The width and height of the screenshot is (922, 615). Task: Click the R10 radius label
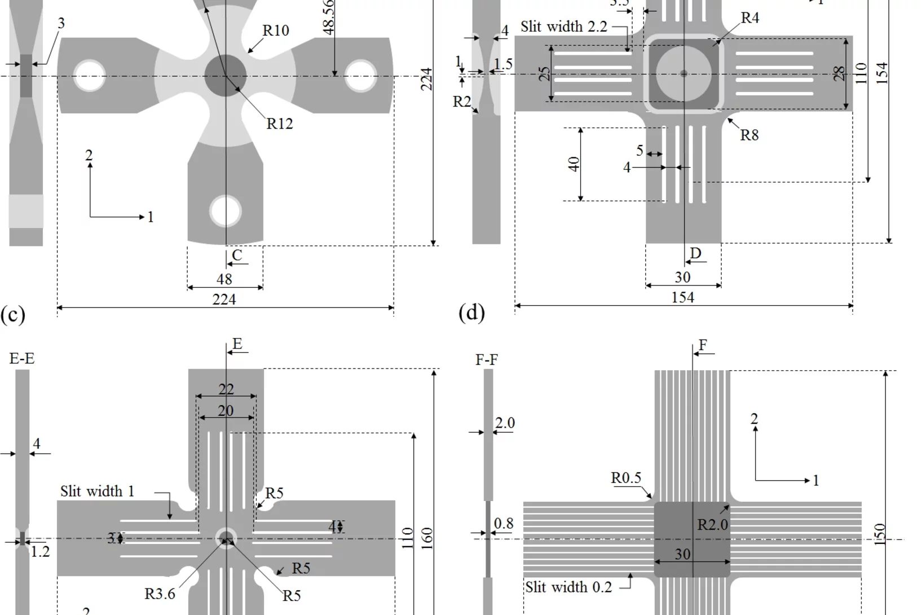276,30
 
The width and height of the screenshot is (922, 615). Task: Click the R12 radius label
279,124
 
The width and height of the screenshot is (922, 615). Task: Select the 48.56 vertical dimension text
329,17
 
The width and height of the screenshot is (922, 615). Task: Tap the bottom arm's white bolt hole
226,210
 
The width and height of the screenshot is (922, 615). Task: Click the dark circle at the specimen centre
226,75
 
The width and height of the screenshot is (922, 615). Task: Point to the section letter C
237,255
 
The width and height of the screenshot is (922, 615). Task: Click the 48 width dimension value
224,279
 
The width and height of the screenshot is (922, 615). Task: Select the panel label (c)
12,314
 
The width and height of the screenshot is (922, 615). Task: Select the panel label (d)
471,312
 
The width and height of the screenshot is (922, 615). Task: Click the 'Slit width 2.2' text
563,27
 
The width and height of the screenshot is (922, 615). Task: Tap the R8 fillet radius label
749,135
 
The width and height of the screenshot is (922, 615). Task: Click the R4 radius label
750,18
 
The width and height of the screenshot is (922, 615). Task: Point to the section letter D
696,253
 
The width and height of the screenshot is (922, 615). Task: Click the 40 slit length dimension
574,164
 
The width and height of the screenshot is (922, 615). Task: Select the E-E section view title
22,359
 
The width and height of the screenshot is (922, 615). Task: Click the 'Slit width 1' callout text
97,491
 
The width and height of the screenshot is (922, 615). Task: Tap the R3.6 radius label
160,594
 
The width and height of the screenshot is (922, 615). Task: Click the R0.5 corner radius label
626,478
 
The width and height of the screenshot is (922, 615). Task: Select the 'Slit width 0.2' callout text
568,587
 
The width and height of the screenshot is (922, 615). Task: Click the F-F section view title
487,359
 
